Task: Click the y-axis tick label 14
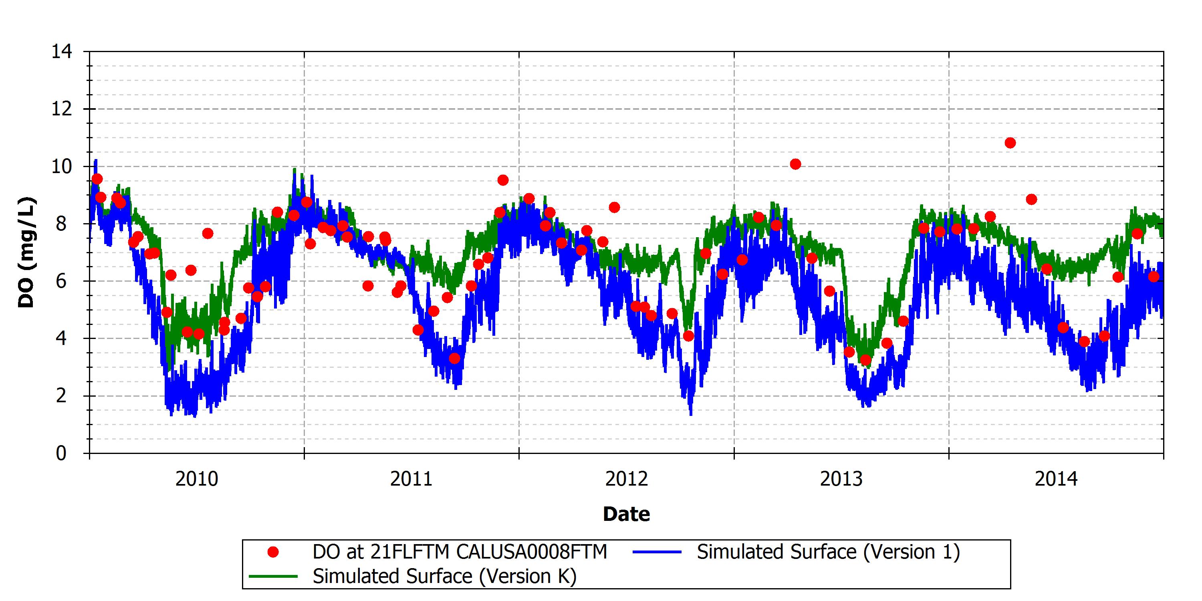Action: tap(62, 52)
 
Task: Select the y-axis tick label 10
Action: tap(62, 167)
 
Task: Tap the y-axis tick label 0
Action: tap(61, 453)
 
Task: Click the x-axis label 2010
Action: tap(196, 479)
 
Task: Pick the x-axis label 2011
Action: tap(411, 479)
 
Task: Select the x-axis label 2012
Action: tap(627, 479)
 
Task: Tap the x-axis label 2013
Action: tap(841, 479)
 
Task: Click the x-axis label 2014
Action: tap(1057, 479)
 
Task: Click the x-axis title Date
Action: tap(626, 514)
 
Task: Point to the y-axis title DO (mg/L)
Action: tap(26, 252)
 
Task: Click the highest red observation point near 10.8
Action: tap(1010, 143)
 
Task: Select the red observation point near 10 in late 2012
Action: tap(796, 164)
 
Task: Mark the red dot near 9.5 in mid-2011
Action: tap(502, 180)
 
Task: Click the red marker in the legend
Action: tap(273, 553)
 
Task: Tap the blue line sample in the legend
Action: tap(657, 553)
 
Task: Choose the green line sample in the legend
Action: tap(273, 576)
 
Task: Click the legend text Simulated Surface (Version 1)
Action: tap(828, 553)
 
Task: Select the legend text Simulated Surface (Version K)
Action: tap(445, 576)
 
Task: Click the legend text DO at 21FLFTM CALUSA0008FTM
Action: tap(460, 552)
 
